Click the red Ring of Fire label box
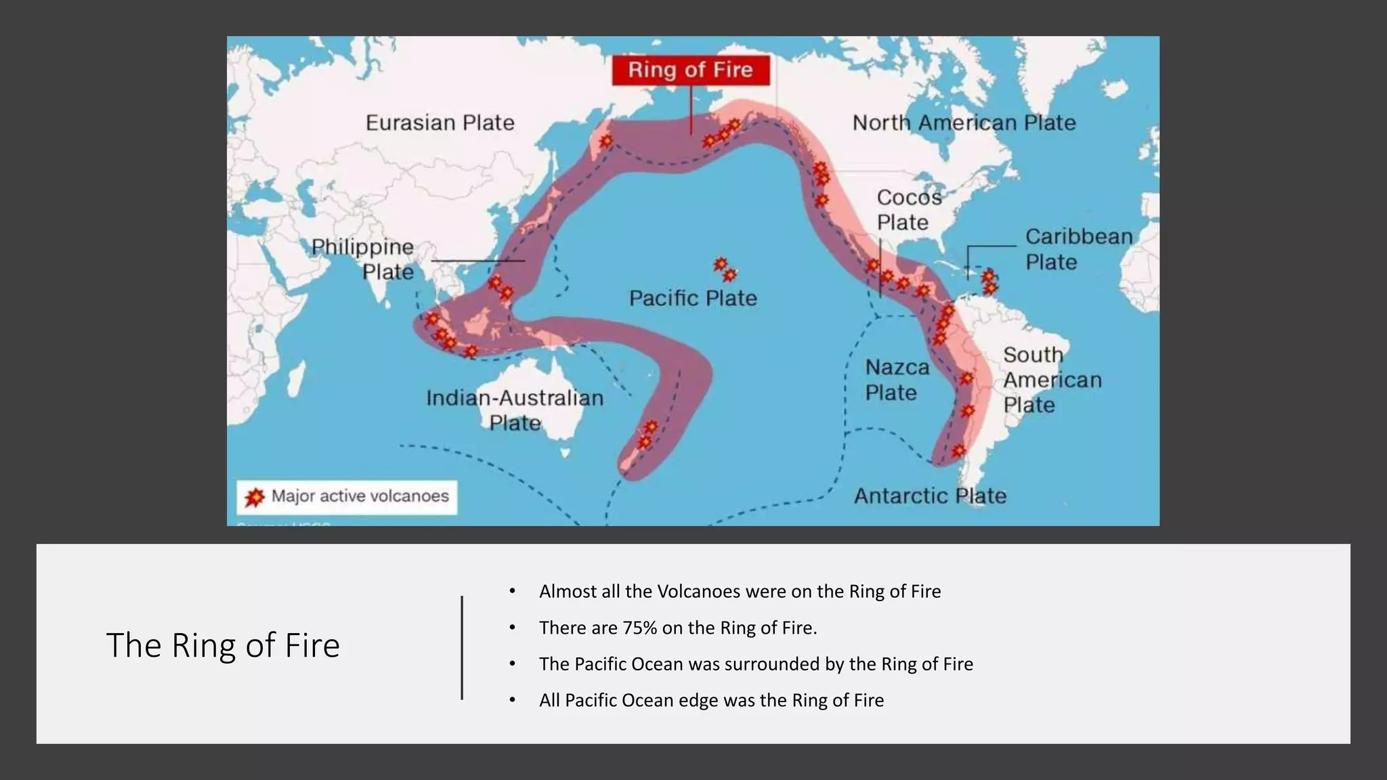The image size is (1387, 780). [x=691, y=70]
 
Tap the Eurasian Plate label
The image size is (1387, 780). [x=440, y=123]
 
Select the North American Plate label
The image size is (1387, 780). [x=964, y=123]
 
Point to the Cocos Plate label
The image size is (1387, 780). [x=909, y=209]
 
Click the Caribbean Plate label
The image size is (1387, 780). [x=1078, y=249]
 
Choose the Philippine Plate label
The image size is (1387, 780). [x=363, y=259]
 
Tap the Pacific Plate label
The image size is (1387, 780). [x=693, y=298]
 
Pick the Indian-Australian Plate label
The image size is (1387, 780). [x=515, y=410]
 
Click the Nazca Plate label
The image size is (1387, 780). [x=897, y=380]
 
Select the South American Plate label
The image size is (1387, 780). [x=1052, y=380]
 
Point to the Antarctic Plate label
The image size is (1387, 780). [x=930, y=496]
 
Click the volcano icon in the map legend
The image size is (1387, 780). [x=255, y=497]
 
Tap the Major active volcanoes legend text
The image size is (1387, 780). [x=360, y=496]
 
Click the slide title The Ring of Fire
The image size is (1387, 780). [x=223, y=645]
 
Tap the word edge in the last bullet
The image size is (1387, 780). [x=698, y=700]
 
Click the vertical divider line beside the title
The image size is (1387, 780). [x=462, y=647]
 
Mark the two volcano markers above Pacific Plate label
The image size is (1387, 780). [x=725, y=269]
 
